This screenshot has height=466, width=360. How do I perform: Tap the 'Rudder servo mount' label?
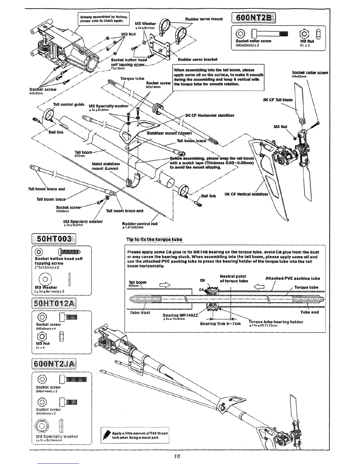click(x=204, y=19)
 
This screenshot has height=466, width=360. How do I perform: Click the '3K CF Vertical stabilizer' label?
click(x=246, y=194)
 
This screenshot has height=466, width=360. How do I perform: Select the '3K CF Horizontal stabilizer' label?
click(x=210, y=115)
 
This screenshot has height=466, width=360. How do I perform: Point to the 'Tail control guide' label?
click(x=69, y=104)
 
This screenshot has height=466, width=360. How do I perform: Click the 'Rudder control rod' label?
click(x=140, y=224)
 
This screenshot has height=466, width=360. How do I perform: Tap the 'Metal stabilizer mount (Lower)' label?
click(x=106, y=166)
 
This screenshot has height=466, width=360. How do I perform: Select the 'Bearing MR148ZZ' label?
click(x=181, y=315)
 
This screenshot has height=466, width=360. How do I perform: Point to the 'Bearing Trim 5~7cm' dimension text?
click(x=220, y=324)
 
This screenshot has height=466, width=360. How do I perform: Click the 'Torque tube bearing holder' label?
click(x=276, y=322)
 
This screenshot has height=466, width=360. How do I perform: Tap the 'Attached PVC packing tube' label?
click(x=293, y=278)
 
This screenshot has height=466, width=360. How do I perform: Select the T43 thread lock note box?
click(x=135, y=435)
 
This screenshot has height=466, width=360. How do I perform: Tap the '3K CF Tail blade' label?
click(x=278, y=100)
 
